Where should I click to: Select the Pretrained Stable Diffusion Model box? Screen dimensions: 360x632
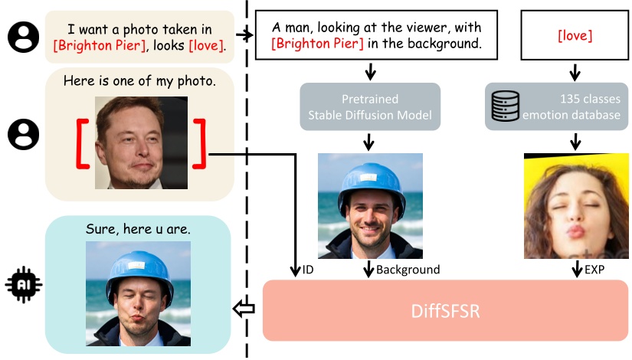(x=370, y=107)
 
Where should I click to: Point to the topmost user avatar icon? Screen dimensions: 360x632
(x=23, y=35)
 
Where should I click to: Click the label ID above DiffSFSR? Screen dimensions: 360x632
(x=308, y=270)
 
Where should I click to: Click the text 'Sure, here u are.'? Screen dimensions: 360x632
(x=138, y=229)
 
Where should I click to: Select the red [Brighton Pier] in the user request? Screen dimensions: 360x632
(x=93, y=47)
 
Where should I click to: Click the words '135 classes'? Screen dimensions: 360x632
(x=579, y=99)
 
